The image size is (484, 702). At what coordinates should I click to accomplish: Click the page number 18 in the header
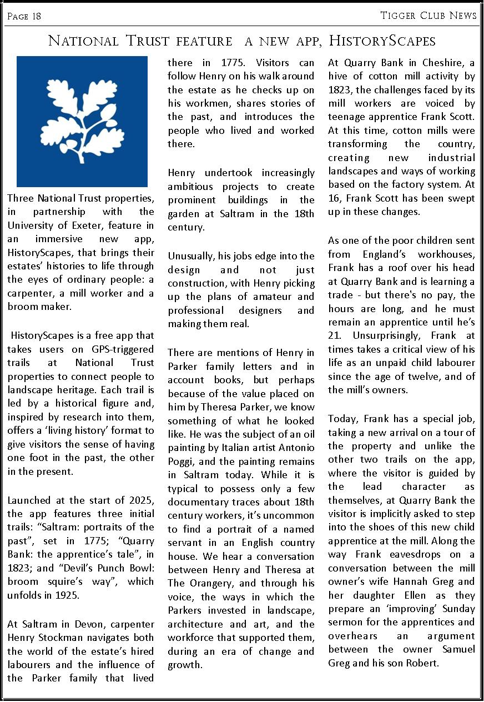click(x=36, y=16)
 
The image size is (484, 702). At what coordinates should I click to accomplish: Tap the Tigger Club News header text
click(x=428, y=15)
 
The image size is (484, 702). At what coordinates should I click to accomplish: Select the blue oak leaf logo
click(x=82, y=122)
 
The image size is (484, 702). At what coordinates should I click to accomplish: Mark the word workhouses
click(x=445, y=254)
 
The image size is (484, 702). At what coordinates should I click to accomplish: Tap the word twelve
click(x=427, y=377)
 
